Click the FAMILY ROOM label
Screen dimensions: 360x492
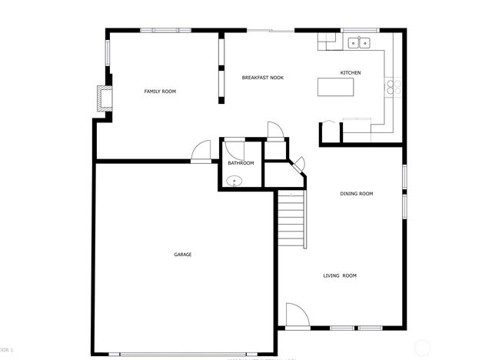(160, 92)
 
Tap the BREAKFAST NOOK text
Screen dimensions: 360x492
(262, 78)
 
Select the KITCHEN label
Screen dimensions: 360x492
(351, 73)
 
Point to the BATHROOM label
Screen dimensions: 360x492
(241, 163)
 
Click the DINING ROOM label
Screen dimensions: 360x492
(356, 194)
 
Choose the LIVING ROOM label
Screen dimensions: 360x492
(339, 275)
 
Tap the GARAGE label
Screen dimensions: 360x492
(182, 255)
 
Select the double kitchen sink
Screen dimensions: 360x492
(358, 43)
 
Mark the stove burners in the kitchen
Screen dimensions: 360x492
(394, 88)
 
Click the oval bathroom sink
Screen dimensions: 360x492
(234, 182)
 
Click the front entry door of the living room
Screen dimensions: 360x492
(297, 315)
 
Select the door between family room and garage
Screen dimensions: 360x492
(201, 152)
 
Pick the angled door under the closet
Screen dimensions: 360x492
(298, 164)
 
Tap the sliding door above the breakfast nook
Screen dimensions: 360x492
(270, 31)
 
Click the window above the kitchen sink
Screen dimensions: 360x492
(358, 31)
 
